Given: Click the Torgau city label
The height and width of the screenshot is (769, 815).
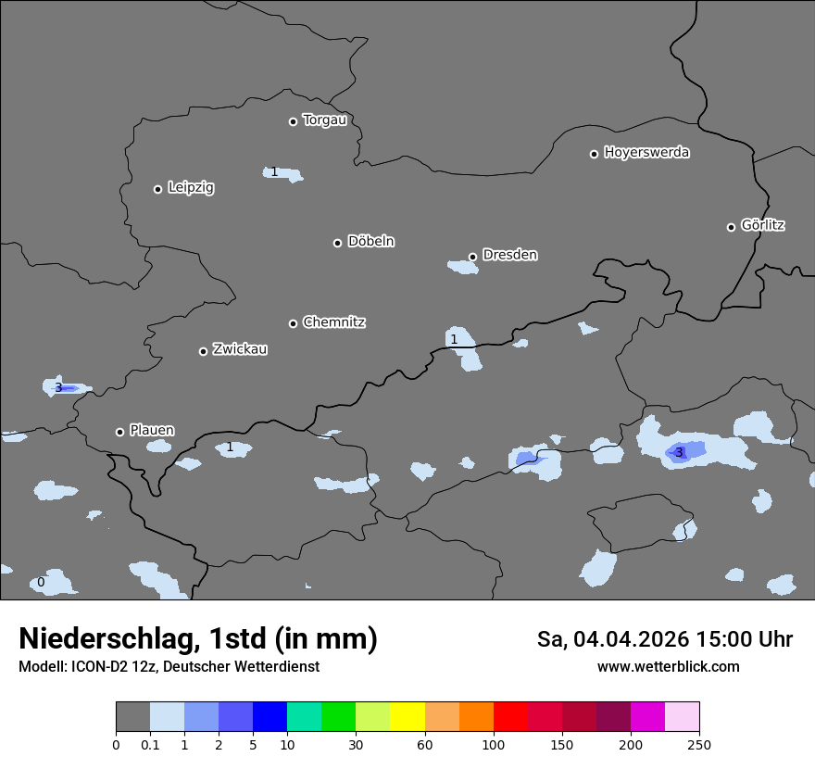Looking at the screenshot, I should [x=324, y=120].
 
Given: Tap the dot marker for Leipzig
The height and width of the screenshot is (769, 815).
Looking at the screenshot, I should [x=158, y=189].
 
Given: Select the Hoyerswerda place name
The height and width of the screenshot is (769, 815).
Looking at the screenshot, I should [x=646, y=153].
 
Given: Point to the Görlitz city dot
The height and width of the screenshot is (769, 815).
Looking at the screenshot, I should [x=731, y=227].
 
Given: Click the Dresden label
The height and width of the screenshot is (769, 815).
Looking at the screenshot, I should [x=509, y=255].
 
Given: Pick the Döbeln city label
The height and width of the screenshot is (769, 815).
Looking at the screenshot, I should [x=370, y=242].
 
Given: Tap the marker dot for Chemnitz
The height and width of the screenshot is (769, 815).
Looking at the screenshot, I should [x=294, y=323].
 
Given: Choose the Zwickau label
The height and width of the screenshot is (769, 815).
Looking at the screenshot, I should [x=240, y=349].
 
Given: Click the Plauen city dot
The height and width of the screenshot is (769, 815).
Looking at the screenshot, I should [x=120, y=432].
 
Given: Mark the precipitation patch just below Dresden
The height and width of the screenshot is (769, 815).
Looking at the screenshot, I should [x=462, y=267].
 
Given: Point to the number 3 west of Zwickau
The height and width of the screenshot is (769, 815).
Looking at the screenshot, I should [x=58, y=387].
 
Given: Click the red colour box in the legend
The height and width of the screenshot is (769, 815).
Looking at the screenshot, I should [x=510, y=717].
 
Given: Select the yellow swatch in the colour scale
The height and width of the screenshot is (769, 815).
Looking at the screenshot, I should [x=407, y=717].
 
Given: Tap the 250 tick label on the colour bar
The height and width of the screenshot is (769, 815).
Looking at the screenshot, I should [x=699, y=745].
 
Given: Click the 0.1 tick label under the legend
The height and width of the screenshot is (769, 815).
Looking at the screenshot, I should [x=150, y=745].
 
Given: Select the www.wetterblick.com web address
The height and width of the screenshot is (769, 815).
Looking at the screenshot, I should [x=668, y=666].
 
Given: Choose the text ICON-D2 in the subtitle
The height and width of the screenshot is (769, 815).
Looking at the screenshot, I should [x=96, y=666].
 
